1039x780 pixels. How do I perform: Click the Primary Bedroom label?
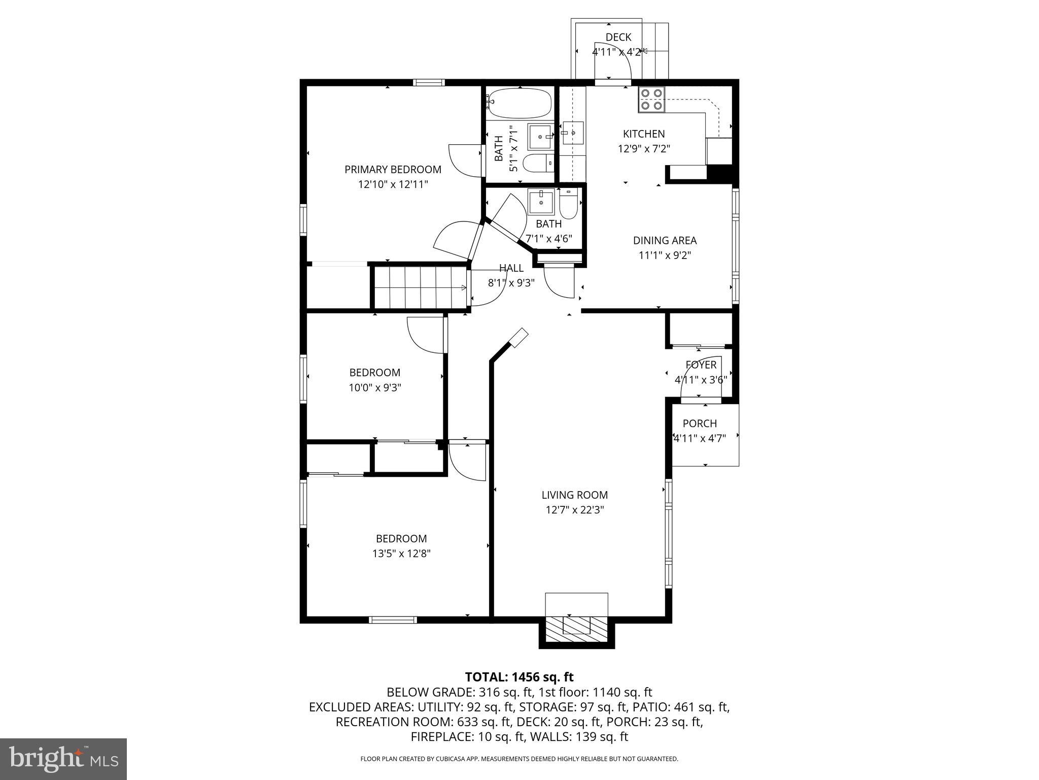(x=393, y=170)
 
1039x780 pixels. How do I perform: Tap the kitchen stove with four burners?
(x=651, y=100)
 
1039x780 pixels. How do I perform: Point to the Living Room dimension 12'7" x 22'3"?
(x=574, y=510)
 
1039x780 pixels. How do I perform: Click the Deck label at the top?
(x=618, y=37)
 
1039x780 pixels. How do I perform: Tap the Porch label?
(x=700, y=424)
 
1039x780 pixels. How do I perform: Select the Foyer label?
(x=701, y=365)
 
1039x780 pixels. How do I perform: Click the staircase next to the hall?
(x=420, y=288)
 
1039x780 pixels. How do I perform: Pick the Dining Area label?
(x=665, y=241)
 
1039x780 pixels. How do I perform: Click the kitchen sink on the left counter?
(x=572, y=133)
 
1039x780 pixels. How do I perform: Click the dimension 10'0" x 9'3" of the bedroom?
(x=374, y=388)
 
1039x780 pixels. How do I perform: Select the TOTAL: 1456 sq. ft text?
(x=519, y=677)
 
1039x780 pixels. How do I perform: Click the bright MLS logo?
(x=63, y=759)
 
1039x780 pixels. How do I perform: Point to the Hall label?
(x=511, y=268)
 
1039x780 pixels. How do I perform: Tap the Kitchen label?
(x=644, y=134)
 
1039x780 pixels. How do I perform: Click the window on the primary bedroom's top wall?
(x=429, y=82)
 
